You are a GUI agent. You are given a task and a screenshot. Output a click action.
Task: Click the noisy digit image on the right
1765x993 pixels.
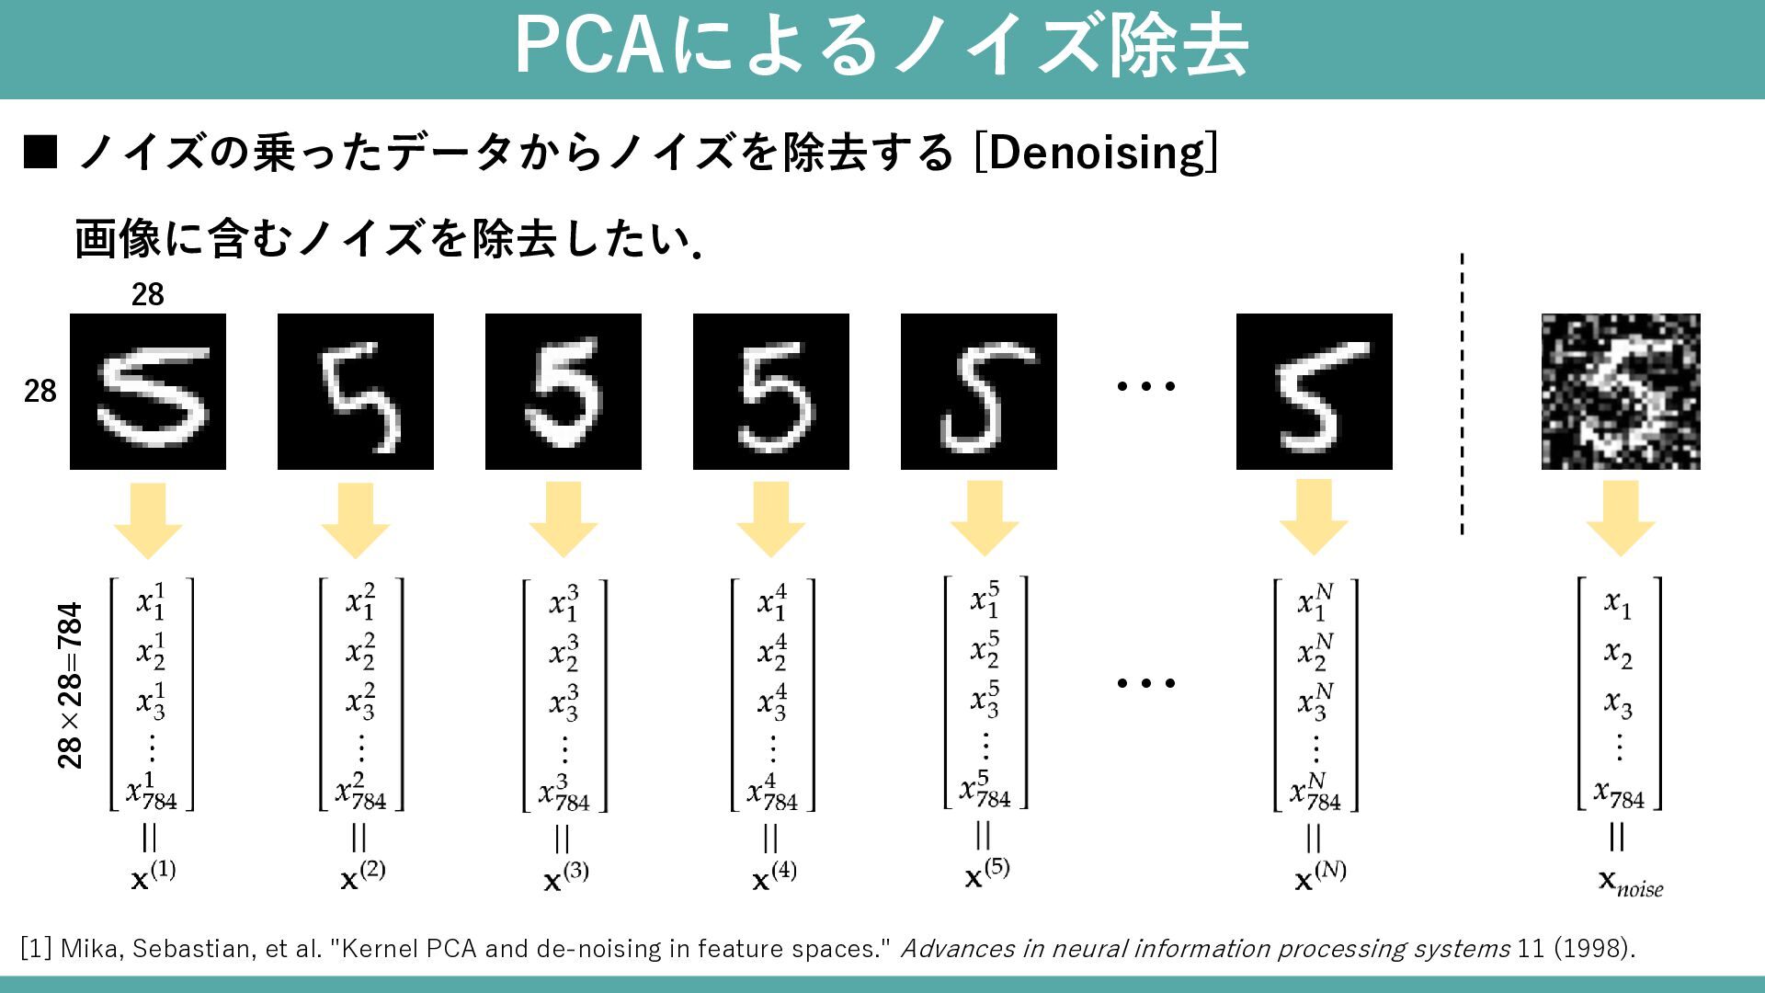tap(1620, 392)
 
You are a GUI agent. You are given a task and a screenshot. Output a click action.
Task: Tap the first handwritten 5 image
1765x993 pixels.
tap(148, 392)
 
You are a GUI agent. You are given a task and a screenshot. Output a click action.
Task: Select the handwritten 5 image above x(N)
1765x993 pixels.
tap(1314, 392)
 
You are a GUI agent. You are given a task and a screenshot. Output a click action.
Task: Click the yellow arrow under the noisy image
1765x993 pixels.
tap(1620, 519)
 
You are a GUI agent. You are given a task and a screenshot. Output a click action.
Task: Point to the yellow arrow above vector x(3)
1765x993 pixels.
tap(563, 520)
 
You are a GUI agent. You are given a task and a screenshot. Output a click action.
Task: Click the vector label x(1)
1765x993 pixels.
tap(153, 875)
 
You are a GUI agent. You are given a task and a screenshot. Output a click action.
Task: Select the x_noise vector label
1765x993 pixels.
tap(1630, 882)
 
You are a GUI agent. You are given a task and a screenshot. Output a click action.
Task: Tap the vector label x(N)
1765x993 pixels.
tap(1319, 875)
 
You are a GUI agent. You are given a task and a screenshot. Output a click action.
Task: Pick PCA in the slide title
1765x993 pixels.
tap(589, 46)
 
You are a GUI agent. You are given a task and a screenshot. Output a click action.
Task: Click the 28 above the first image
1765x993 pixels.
tap(147, 294)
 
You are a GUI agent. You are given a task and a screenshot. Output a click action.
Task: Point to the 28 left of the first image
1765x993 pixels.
tap(40, 392)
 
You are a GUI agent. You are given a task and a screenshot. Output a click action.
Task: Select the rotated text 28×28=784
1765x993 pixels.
tap(70, 686)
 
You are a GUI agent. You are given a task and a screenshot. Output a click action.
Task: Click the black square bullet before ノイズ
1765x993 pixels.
tap(40, 153)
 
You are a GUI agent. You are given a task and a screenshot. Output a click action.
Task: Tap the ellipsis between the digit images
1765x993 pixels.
tap(1145, 386)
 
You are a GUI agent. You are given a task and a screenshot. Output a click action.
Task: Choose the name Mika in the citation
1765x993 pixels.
tap(90, 948)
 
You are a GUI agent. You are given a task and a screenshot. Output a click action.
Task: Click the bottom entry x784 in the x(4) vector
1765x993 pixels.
tap(771, 793)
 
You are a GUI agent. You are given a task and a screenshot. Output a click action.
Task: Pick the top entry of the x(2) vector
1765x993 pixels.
tap(360, 599)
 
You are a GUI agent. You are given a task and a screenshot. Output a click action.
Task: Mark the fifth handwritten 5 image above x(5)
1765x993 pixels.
tap(978, 392)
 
